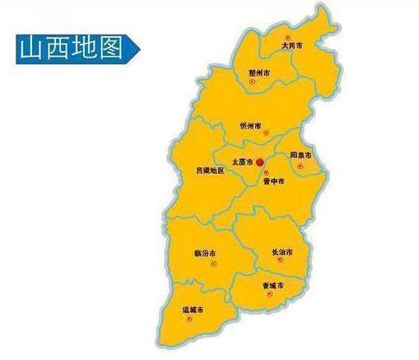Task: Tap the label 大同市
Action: point(291,46)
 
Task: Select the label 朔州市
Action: point(259,72)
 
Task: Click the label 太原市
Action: point(242,162)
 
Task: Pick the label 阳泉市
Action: point(300,155)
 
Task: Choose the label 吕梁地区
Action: point(209,171)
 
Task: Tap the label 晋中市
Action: point(273,180)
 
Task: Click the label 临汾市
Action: point(205,252)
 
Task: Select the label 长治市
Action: point(282,251)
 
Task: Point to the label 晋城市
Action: point(273,286)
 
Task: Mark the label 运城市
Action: point(193,310)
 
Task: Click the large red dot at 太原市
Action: point(260,162)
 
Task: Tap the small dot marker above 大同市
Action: point(287,38)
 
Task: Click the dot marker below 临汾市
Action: point(212,263)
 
